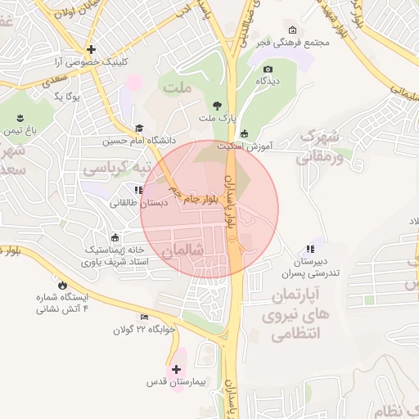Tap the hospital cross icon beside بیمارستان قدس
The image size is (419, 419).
[x=177, y=370]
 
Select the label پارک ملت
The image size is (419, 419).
[x=217, y=119]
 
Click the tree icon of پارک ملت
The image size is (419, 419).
[x=217, y=106]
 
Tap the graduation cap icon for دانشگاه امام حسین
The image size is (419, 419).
[x=139, y=128]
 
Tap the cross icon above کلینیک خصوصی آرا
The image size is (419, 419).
[x=92, y=49]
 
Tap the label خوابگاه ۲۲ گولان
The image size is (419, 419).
[x=143, y=330]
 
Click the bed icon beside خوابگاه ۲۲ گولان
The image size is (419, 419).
[x=145, y=318]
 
